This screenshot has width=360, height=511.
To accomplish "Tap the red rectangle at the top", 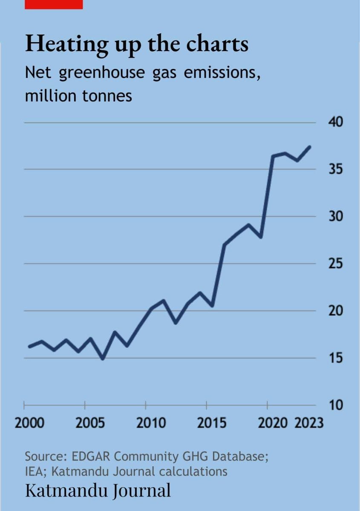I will click(x=54, y=4).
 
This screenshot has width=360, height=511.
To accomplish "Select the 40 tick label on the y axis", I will click(x=336, y=123).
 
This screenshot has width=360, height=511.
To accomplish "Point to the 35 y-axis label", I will click(x=336, y=169).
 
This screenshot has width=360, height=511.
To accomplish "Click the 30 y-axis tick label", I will click(x=336, y=216).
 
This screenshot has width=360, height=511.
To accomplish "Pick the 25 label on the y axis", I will click(x=336, y=264).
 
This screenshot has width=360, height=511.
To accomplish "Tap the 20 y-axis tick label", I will click(x=336, y=311).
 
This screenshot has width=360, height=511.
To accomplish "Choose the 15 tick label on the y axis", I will click(x=336, y=358).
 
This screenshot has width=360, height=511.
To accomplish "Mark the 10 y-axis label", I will click(x=336, y=405).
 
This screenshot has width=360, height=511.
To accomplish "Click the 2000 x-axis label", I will click(x=29, y=423).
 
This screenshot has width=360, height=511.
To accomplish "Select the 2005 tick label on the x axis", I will click(x=90, y=423).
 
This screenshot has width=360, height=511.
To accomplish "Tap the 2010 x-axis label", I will click(x=151, y=423).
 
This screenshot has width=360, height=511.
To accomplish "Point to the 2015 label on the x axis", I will click(x=212, y=423).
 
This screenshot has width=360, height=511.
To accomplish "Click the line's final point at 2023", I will click(x=310, y=147).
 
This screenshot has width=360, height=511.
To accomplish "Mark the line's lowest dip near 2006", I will click(x=103, y=359).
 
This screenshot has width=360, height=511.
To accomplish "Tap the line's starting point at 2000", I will click(x=29, y=346).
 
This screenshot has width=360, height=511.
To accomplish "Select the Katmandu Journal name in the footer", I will click(x=98, y=490).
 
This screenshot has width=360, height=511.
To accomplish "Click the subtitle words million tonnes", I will click(x=79, y=96).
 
